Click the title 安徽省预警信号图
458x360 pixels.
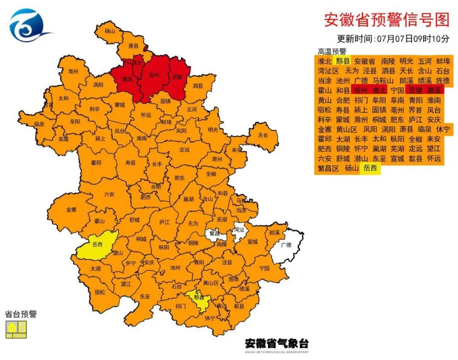(386, 20)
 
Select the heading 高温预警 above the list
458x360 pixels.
(332, 51)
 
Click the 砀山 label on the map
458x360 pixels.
(110, 31)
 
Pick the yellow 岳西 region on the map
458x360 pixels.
(98, 245)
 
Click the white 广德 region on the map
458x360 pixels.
(287, 245)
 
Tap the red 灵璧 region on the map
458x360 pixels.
(177, 78)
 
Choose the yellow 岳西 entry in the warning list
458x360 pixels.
(370, 169)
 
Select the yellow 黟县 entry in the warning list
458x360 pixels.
(342, 61)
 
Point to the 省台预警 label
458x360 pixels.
(21, 314)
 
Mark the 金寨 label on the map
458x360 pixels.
(72, 210)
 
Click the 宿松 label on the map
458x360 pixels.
(100, 292)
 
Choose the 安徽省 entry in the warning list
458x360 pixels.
(365, 61)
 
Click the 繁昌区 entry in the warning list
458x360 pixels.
(329, 169)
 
